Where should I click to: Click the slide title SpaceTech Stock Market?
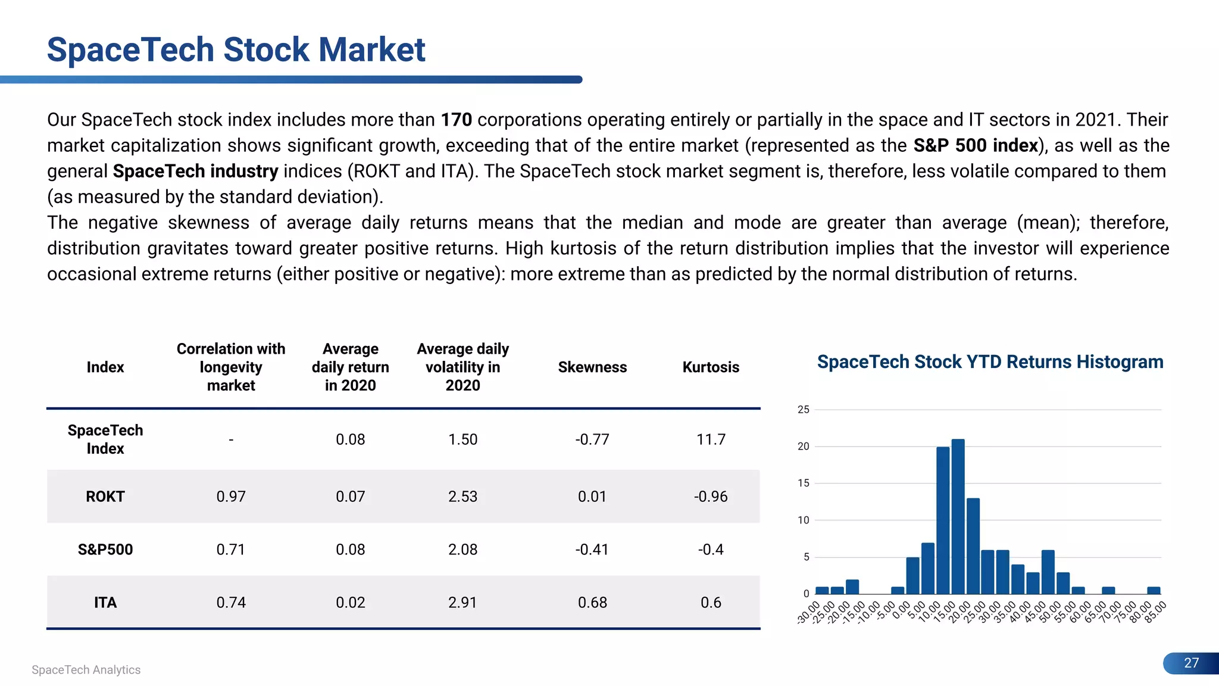pos(236,49)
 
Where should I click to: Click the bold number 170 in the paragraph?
pos(456,120)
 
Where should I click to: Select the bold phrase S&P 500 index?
pos(976,145)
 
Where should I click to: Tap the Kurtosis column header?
pos(711,367)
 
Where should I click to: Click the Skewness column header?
pos(592,367)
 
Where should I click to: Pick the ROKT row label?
pos(105,497)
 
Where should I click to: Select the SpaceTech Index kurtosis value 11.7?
pos(711,439)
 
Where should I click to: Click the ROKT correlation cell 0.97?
pos(231,497)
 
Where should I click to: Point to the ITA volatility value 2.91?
pos(462,603)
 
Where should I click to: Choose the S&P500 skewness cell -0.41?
pos(592,550)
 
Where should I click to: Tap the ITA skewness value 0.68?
pos(592,603)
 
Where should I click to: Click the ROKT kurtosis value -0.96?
pos(711,497)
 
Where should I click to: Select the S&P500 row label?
pos(105,550)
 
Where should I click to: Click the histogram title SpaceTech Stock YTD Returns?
pos(990,362)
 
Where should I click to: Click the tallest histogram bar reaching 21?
pos(958,517)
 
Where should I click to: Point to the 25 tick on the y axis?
pos(804,410)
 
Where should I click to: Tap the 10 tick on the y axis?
pos(804,520)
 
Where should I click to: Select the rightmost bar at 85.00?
pos(1154,591)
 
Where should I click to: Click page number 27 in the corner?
pos(1191,663)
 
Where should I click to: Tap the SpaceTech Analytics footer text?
pos(86,670)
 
